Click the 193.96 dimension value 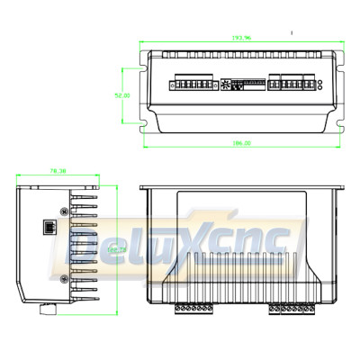pos(242,39)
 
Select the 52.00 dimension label pos(122,94)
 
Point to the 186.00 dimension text pos(242,143)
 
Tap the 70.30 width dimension pos(58,169)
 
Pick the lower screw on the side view pos(63,279)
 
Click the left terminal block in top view pos(192,85)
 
